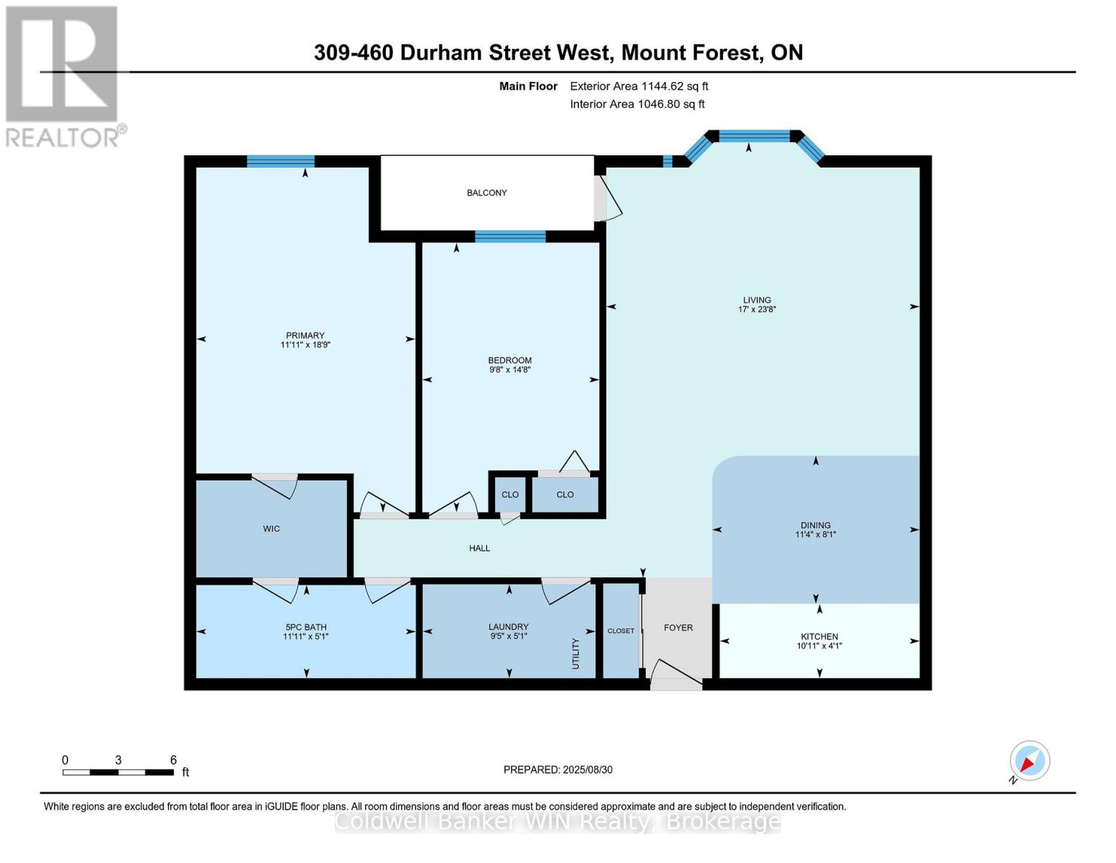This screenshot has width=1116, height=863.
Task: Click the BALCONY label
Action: pos(486,193)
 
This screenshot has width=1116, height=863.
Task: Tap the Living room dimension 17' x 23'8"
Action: pos(757,310)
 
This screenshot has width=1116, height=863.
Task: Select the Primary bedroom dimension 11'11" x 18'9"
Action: pos(305,345)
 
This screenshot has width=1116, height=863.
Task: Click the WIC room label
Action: pos(271,529)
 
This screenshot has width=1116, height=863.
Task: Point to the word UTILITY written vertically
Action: pos(576,654)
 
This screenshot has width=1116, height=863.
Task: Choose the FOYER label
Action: pos(678,628)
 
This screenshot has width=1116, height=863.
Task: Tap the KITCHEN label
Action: pos(819,636)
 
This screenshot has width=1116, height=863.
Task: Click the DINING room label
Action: pos(815,526)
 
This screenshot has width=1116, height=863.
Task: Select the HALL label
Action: pos(479,549)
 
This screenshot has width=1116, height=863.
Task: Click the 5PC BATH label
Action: pos(305,627)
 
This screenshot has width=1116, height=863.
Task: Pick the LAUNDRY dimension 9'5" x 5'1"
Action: pos(508,636)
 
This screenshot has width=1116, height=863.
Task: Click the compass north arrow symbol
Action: pos(1029,761)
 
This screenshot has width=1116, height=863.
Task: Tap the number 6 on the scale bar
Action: pos(173,760)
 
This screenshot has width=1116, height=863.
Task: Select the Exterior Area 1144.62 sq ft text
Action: pos(639,86)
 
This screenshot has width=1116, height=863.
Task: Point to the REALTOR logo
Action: pos(63,76)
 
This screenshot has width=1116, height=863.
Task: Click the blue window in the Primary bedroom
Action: pos(280,161)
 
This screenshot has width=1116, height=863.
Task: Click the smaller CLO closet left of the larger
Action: pos(509,495)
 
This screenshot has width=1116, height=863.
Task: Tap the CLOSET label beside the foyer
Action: pos(621,631)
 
